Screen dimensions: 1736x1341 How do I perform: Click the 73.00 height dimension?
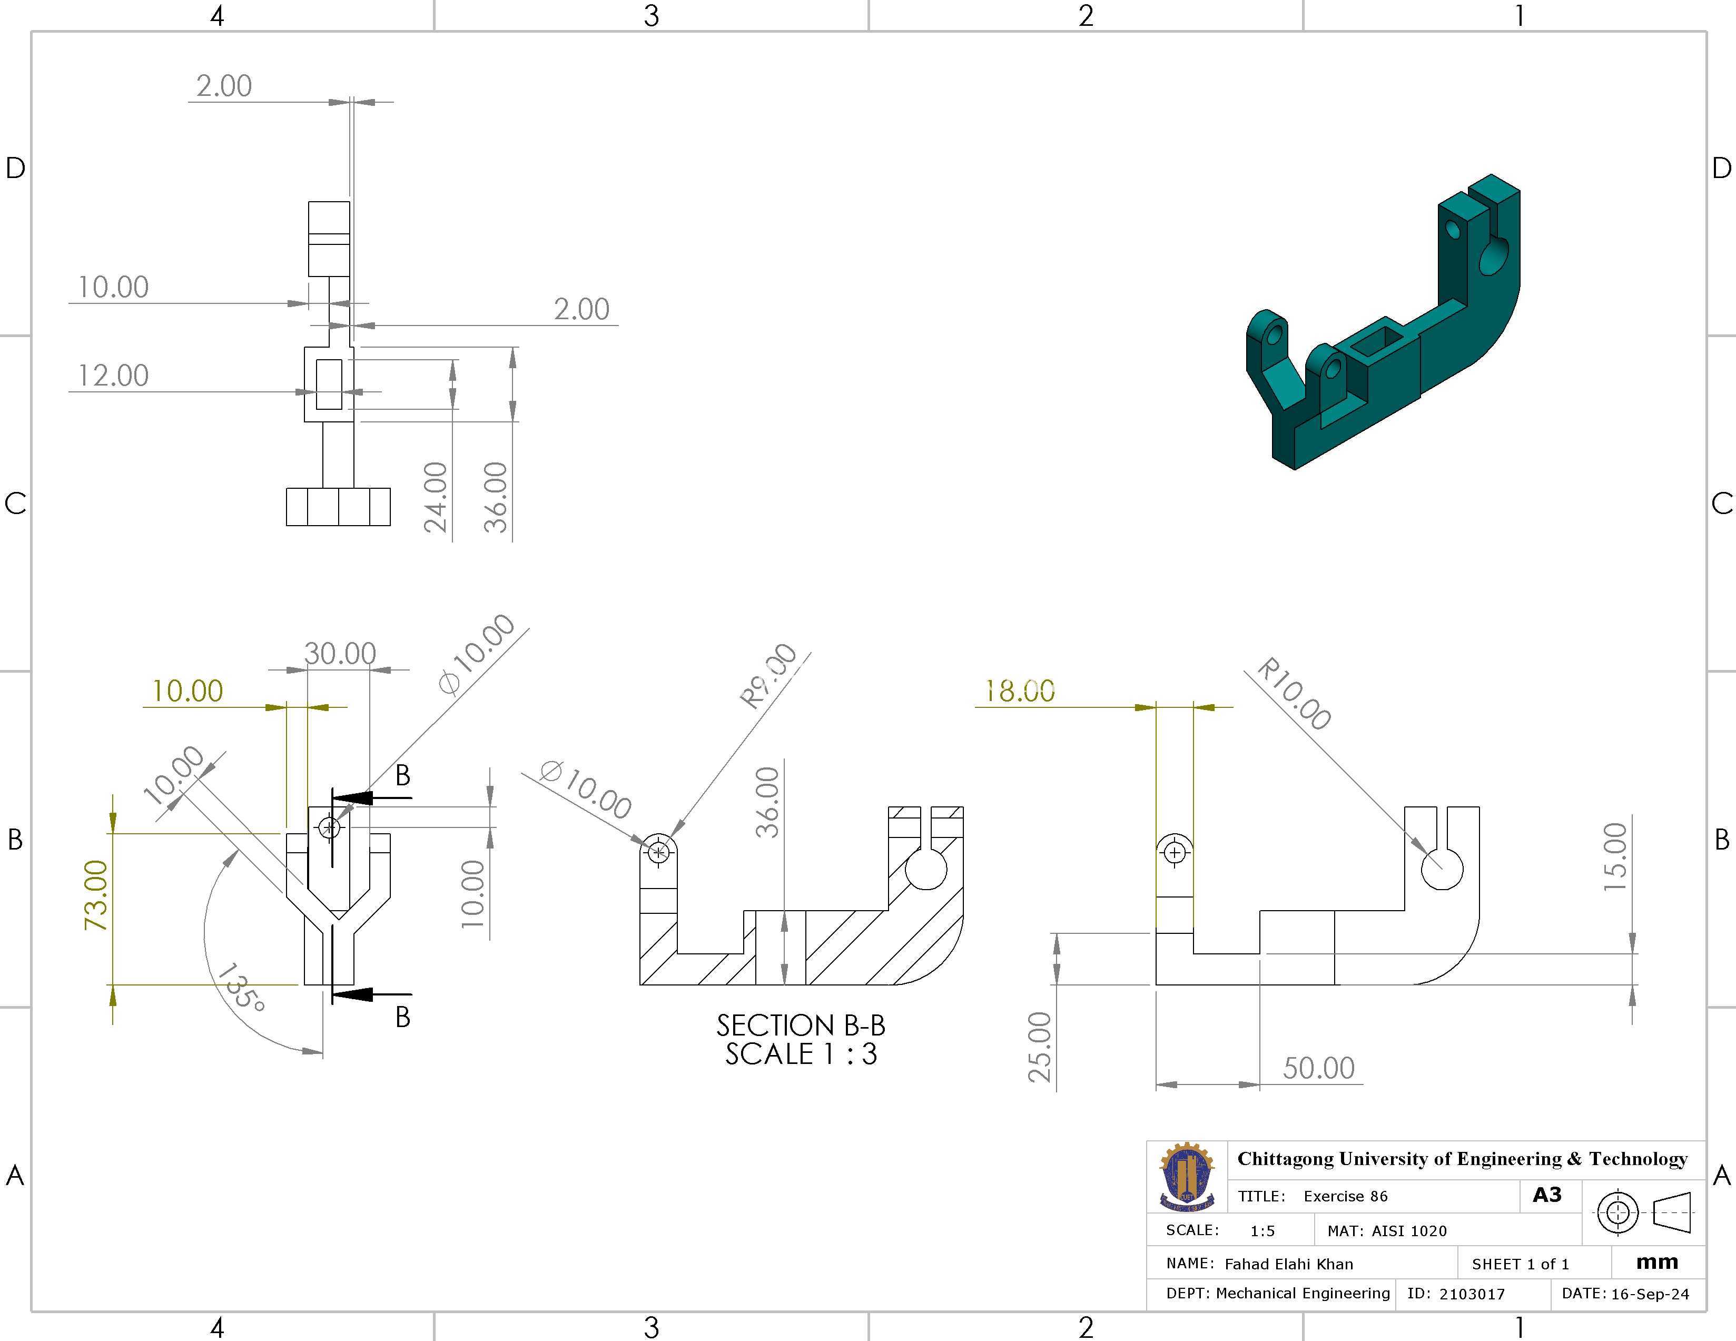click(95, 895)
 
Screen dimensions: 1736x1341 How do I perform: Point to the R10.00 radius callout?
click(1294, 693)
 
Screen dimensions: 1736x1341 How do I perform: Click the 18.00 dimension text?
click(1020, 691)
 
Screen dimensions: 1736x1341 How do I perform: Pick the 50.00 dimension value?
click(1319, 1068)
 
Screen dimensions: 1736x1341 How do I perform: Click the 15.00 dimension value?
click(1615, 857)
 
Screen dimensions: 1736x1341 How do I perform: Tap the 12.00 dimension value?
click(113, 375)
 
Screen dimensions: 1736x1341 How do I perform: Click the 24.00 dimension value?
click(436, 497)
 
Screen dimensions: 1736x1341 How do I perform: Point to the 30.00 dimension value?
click(340, 654)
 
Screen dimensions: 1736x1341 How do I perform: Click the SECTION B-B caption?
click(801, 1026)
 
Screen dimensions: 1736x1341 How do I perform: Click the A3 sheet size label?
click(1547, 1195)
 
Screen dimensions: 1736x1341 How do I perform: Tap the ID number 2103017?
click(1472, 1294)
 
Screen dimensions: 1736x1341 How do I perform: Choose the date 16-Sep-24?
click(1650, 1294)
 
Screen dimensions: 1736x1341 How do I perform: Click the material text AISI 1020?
click(1409, 1231)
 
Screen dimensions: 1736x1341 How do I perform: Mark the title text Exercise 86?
click(1346, 1196)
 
